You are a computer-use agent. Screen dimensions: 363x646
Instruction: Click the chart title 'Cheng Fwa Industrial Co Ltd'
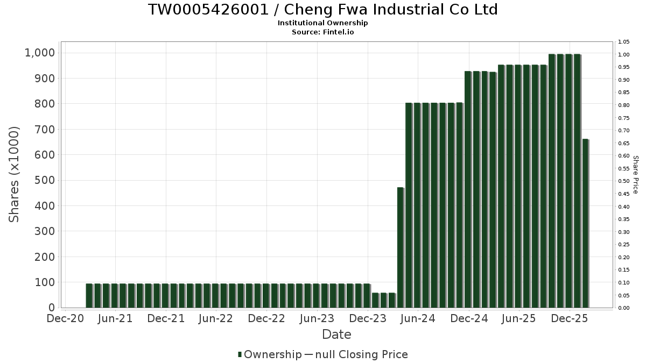[x=322, y=10]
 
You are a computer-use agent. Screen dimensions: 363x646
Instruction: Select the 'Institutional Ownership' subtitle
[x=322, y=23]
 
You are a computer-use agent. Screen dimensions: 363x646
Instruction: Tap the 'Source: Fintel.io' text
[x=322, y=32]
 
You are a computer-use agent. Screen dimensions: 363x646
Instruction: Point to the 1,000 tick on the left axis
[x=40, y=53]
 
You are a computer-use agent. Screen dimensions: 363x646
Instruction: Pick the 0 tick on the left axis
[x=52, y=308]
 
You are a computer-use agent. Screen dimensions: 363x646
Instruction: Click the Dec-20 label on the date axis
[x=66, y=318]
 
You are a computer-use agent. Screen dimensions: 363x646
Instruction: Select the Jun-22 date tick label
[x=216, y=318]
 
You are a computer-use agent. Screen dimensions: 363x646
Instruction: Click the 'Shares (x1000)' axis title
[x=15, y=174]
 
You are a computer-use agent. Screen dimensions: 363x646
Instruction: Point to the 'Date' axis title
[x=336, y=334]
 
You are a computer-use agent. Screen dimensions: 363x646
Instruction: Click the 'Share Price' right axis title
[x=635, y=174]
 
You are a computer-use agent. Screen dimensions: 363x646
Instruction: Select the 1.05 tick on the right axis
[x=624, y=42]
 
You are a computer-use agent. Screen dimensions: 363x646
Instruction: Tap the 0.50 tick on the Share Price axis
[x=624, y=181]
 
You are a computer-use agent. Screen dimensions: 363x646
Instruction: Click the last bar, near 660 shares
[x=585, y=223]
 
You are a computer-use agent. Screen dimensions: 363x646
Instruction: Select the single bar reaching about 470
[x=401, y=247]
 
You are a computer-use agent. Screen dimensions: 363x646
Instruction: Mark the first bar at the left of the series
[x=89, y=295]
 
